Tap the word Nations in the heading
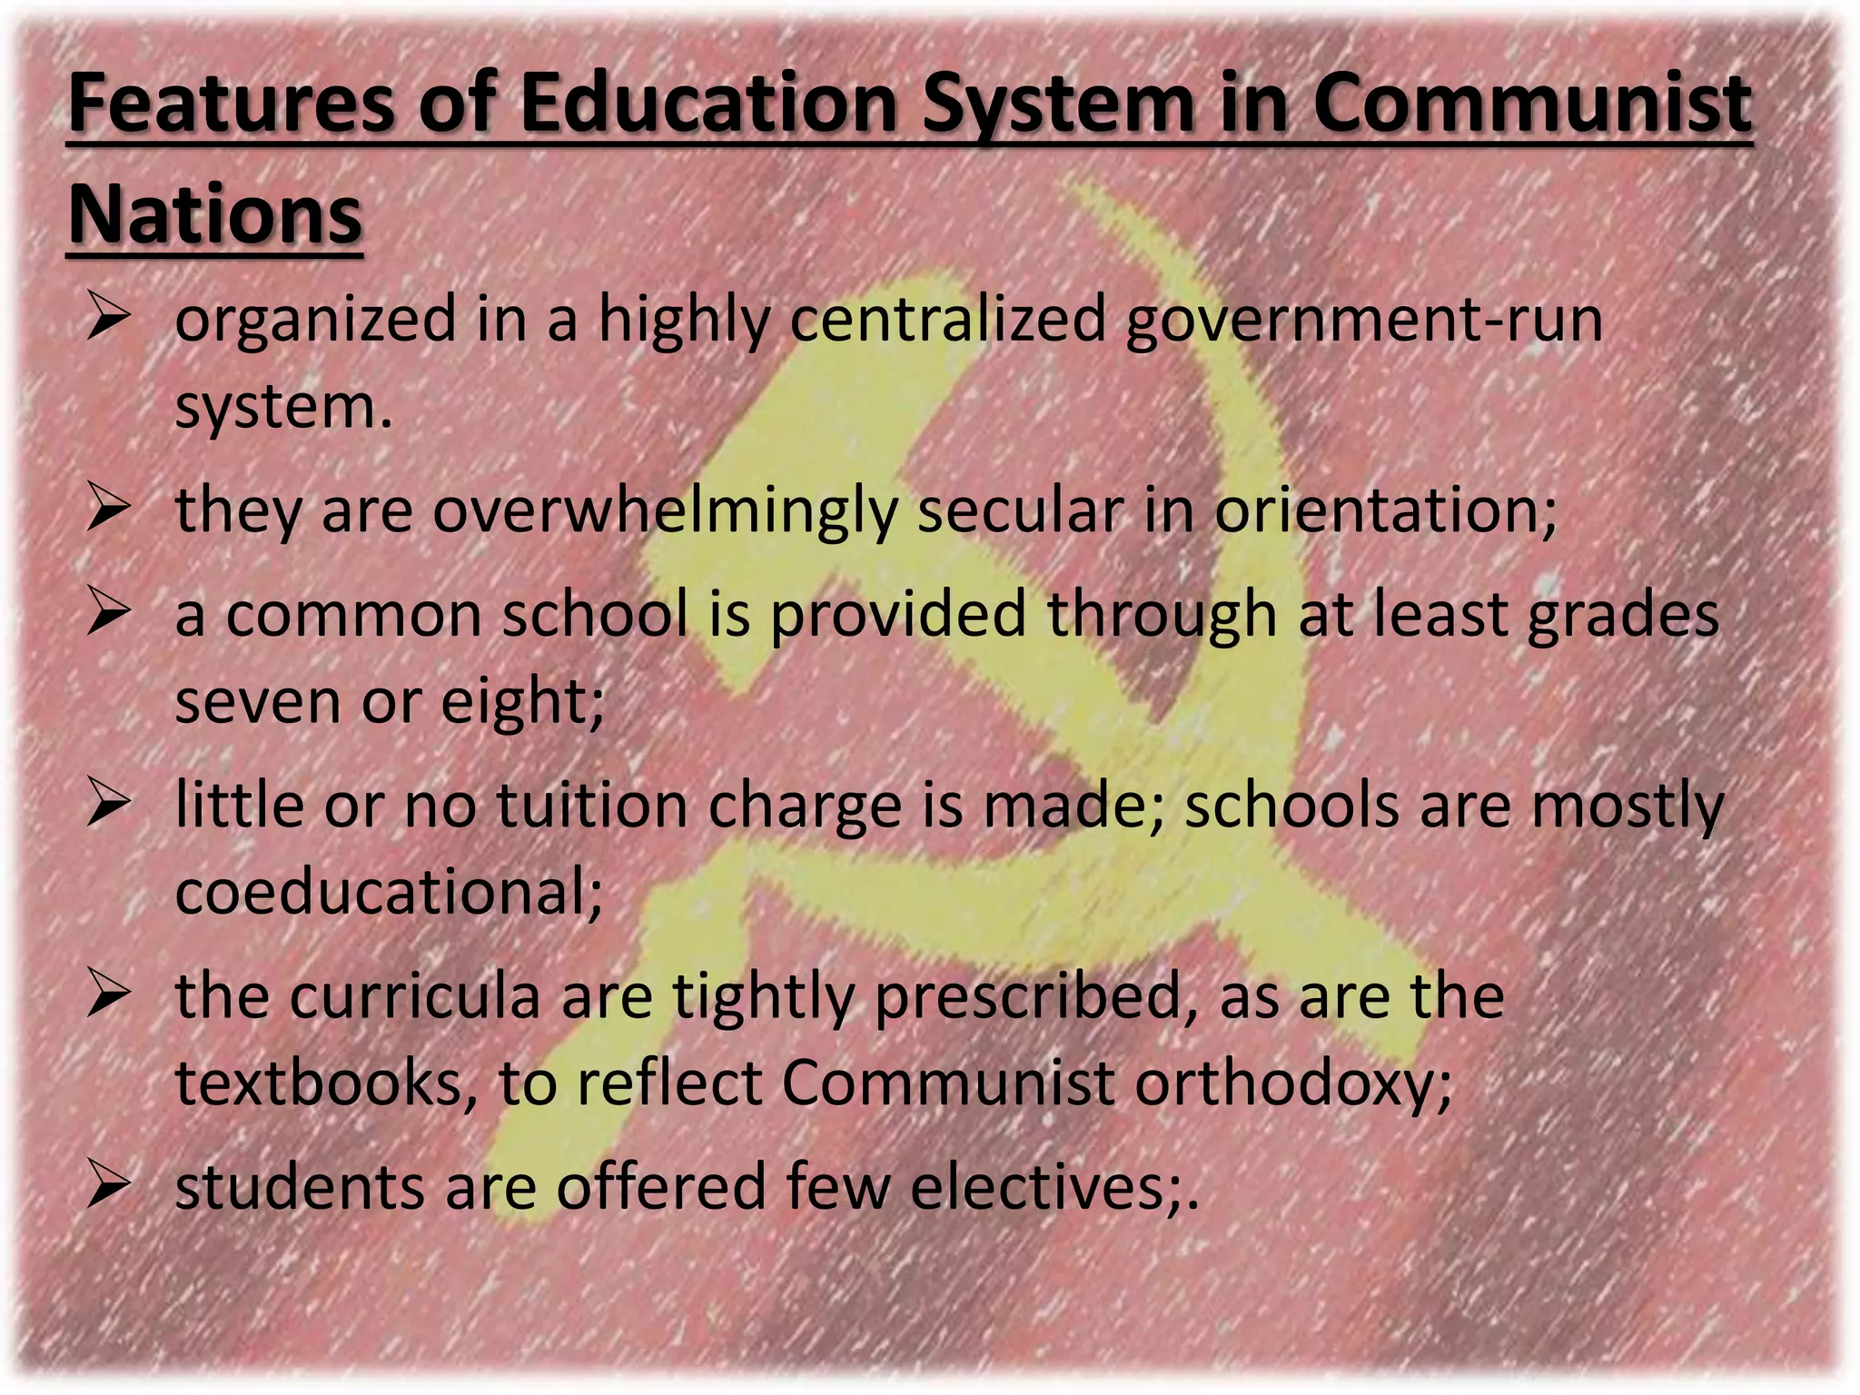pyautogui.click(x=215, y=215)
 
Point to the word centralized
pyautogui.click(x=948, y=320)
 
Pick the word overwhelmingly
pyautogui.click(x=664, y=511)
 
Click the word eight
pyautogui.click(x=522, y=702)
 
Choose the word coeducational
pyautogui.click(x=389, y=892)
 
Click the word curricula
pyautogui.click(x=415, y=996)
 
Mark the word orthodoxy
pyautogui.click(x=1293, y=1083)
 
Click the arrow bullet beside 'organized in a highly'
pyautogui.click(x=109, y=320)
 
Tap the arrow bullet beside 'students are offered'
pyautogui.click(x=109, y=1187)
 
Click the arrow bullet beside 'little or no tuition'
pyautogui.click(x=109, y=806)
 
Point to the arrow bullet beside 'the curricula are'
pyautogui.click(x=109, y=996)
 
